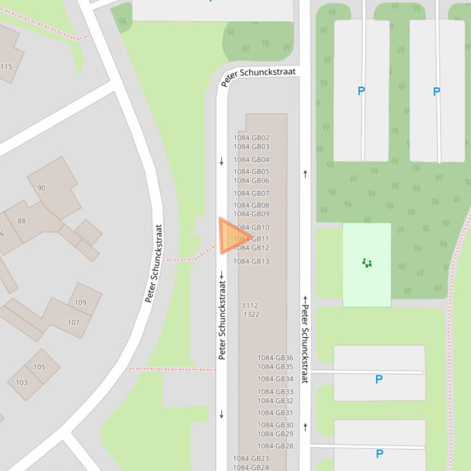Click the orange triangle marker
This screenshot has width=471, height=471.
(232, 236)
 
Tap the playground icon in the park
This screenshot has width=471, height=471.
(367, 263)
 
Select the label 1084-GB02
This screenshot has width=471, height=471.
(251, 138)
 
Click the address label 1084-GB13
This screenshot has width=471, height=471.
(251, 262)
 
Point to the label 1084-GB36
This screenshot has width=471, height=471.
(275, 358)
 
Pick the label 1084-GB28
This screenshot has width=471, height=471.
(275, 447)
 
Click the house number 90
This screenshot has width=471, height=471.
(42, 188)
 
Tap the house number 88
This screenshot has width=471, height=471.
(21, 221)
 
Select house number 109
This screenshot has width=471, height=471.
(80, 303)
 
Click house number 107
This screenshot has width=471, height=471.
(73, 322)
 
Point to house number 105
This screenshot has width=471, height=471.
(39, 368)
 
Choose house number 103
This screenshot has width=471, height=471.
(21, 383)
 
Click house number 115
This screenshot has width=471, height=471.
(6, 67)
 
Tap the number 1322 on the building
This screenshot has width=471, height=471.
(251, 314)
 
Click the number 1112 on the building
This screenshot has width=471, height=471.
(250, 306)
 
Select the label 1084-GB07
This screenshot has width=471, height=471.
(251, 194)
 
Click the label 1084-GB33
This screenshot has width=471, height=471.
(275, 392)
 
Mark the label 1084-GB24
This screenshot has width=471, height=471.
(251, 467)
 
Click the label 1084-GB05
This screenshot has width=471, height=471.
(251, 172)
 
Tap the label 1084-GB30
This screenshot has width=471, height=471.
(275, 425)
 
